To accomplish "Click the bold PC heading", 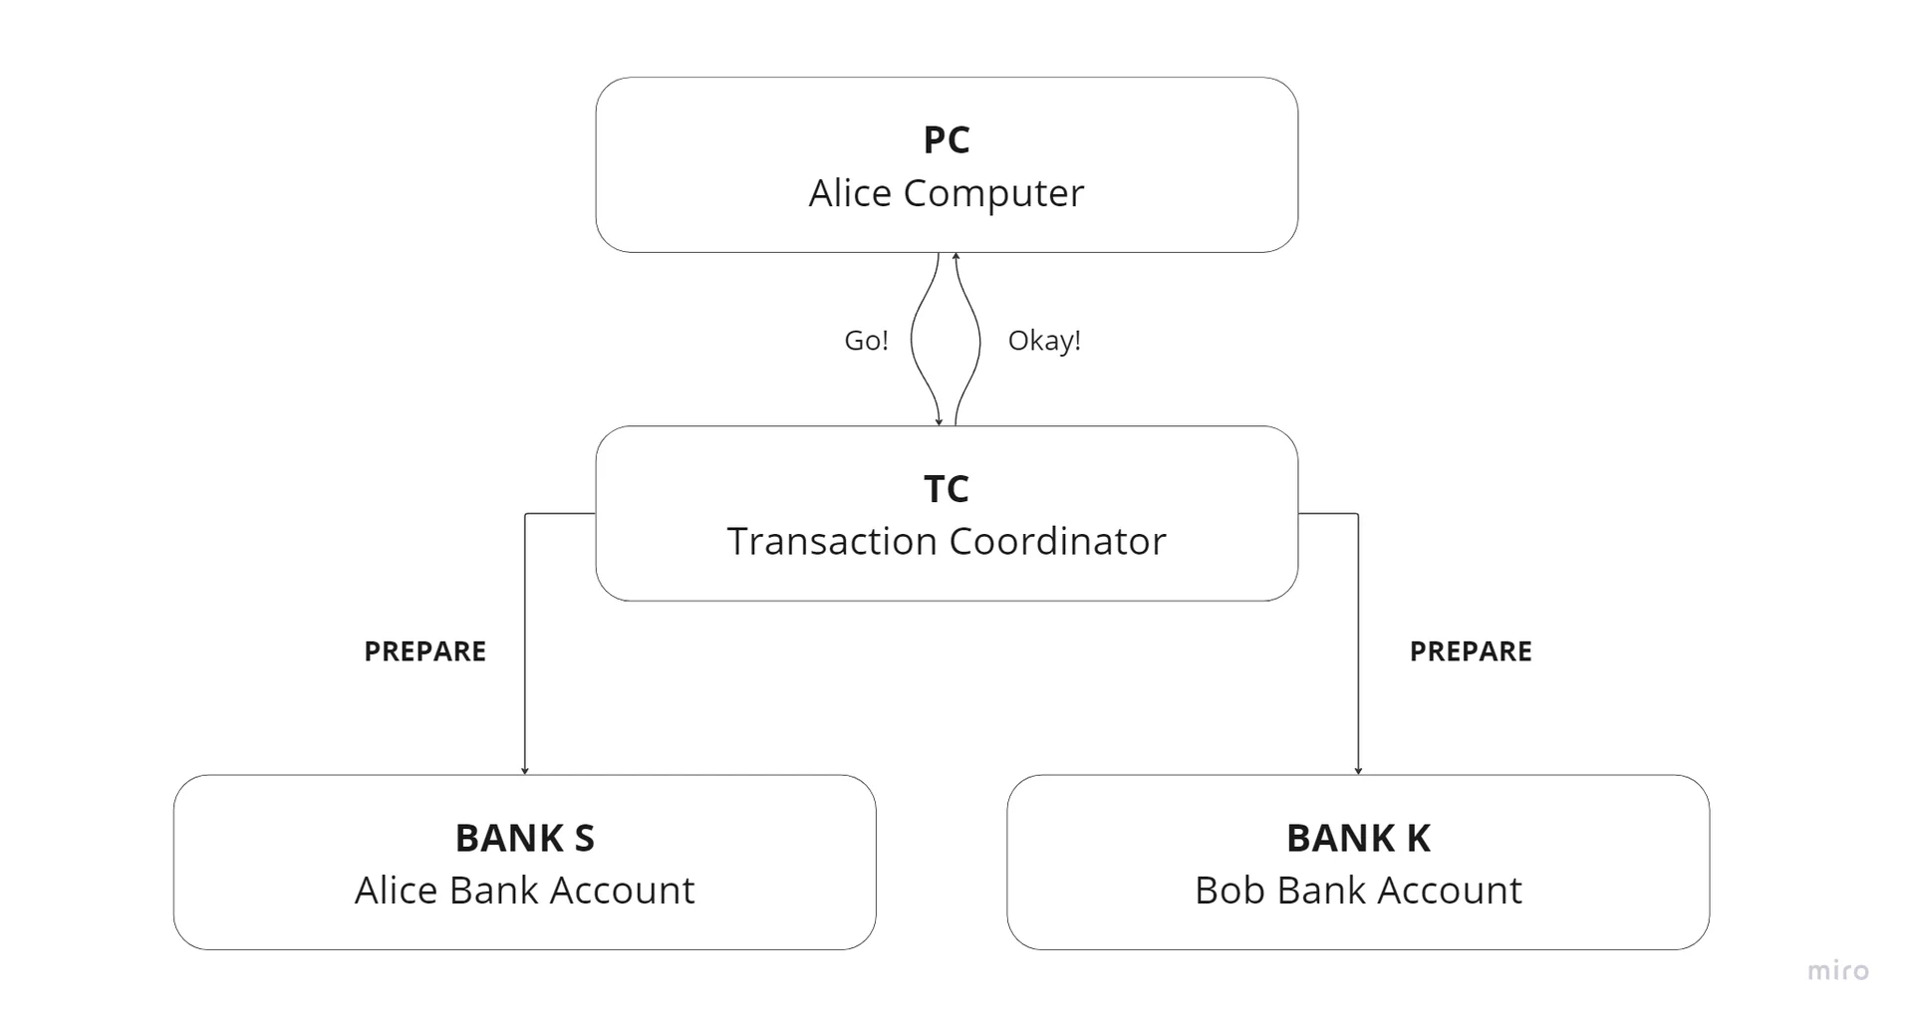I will tap(946, 140).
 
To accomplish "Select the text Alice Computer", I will tap(946, 193).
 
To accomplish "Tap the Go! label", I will tap(866, 341).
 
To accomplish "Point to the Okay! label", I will tap(1043, 341).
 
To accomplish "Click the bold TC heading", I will tap(946, 489).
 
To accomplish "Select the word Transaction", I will tap(833, 542).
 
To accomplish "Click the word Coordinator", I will tap(1057, 542).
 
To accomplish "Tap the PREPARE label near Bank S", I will tap(424, 651).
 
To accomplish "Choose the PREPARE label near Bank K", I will tap(1470, 651).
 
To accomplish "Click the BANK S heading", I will tap(524, 839).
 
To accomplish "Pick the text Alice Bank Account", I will tap(524, 891).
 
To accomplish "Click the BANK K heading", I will tap(1357, 839).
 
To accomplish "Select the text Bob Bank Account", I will tap(1357, 891).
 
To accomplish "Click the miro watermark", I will tap(1838, 970).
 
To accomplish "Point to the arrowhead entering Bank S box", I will tap(525, 770).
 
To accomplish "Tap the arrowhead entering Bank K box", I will tap(1358, 770).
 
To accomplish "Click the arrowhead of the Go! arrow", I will tap(939, 421).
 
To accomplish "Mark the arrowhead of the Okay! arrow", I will tap(956, 257).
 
